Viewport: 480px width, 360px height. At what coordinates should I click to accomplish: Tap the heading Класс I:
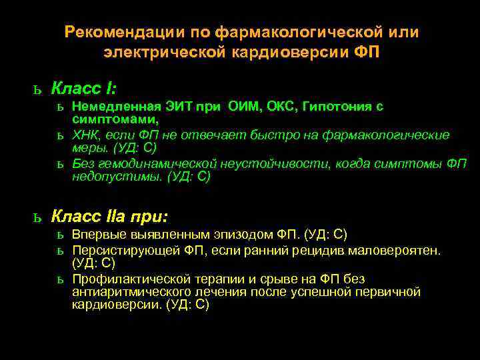tap(84, 88)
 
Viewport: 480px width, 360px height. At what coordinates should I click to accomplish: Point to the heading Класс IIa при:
tap(110, 217)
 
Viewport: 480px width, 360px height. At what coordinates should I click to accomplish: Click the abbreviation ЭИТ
tap(176, 107)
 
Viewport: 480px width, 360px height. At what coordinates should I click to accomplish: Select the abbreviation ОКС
tap(281, 107)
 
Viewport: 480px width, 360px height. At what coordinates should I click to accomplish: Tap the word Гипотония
tap(335, 107)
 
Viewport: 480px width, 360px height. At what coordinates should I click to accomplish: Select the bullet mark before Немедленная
tap(60, 107)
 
